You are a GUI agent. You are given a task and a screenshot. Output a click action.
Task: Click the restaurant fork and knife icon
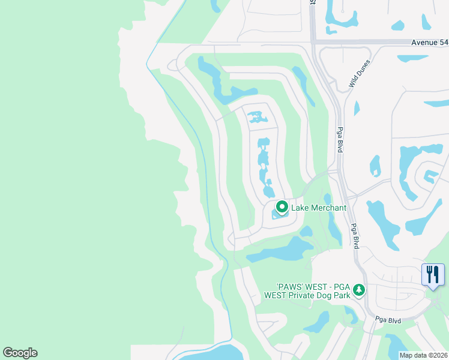[x=433, y=275]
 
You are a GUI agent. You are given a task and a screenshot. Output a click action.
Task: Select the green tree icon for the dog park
[x=359, y=290]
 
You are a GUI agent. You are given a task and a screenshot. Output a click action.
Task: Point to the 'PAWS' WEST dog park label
[x=308, y=290]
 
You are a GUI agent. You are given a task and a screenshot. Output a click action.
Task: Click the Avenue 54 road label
[x=430, y=42]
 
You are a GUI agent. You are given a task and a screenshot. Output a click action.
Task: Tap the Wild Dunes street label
[x=360, y=74]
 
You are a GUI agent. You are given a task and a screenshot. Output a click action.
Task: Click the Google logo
[x=20, y=353]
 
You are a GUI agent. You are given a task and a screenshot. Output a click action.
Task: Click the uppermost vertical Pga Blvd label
[x=340, y=139]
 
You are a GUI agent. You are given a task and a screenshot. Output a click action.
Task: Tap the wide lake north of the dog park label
[x=282, y=250]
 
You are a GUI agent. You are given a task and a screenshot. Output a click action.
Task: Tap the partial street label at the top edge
[x=313, y=2]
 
